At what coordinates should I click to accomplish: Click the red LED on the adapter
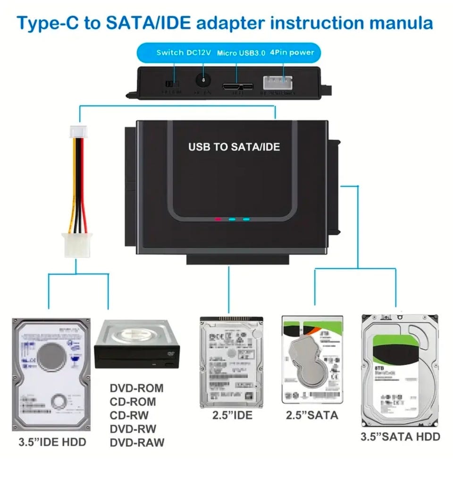point(218,219)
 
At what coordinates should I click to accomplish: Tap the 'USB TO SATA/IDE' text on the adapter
point(234,146)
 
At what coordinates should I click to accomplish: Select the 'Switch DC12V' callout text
point(183,52)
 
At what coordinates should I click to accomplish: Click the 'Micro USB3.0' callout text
point(241,53)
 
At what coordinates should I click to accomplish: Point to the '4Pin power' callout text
point(292,52)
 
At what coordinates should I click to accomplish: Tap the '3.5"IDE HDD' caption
point(52,443)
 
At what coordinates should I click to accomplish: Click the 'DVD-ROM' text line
point(136,388)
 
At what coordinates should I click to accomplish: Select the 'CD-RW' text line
point(129,416)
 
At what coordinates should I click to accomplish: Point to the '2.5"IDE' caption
point(232,416)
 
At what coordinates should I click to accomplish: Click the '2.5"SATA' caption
point(312,415)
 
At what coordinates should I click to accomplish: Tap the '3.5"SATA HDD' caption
point(400,437)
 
